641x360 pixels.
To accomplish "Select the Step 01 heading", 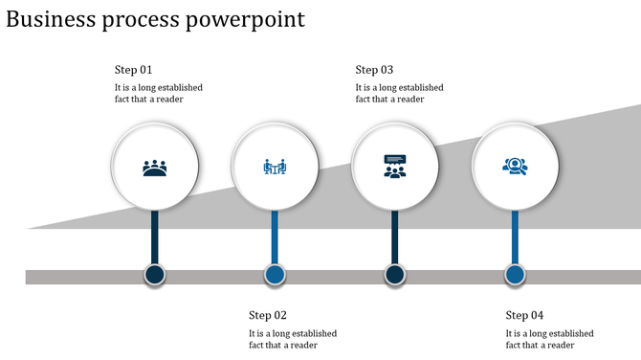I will point(133,70).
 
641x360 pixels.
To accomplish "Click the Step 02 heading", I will point(268,315).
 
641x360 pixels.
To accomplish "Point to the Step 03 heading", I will point(374,70).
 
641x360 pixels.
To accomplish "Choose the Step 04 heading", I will point(524,315).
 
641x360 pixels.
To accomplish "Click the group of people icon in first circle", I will point(155,169).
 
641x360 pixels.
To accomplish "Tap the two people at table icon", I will point(275,169).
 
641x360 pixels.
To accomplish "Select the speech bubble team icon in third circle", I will point(394,167).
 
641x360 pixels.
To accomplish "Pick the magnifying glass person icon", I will point(515,167).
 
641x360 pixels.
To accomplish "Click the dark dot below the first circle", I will point(155,276).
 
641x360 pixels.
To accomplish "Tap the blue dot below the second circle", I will point(275,276).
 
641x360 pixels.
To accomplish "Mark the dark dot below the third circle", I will point(394,276).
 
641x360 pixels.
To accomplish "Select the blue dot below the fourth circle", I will point(515,276).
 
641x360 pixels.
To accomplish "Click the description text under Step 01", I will point(158,93).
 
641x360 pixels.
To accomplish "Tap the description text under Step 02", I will point(293,339).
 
